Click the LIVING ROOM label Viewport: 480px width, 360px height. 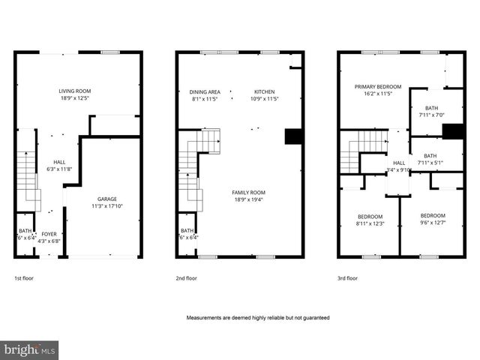pyautogui.click(x=75, y=91)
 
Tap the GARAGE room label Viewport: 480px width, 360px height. pyautogui.click(x=106, y=199)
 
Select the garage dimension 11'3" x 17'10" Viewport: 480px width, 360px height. pyautogui.click(x=106, y=206)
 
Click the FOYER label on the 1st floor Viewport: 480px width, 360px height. pyautogui.click(x=49, y=234)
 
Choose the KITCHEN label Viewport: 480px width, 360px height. pyautogui.click(x=265, y=91)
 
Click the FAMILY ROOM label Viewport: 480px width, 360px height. pyautogui.click(x=248, y=193)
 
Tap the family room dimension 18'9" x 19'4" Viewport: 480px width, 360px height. pyautogui.click(x=248, y=199)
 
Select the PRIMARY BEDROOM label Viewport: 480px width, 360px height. pyautogui.click(x=378, y=87)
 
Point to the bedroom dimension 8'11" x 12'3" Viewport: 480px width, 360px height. pyautogui.click(x=369, y=223)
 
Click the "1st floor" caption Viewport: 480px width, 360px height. pyautogui.click(x=24, y=278)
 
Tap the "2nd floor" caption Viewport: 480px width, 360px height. pyautogui.click(x=186, y=278)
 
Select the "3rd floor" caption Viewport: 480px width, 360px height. pyautogui.click(x=347, y=278)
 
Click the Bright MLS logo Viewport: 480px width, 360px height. pyautogui.click(x=30, y=350)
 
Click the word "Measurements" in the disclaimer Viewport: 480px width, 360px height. pyautogui.click(x=205, y=318)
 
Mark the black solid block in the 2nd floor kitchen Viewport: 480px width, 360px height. pyautogui.click(x=294, y=136)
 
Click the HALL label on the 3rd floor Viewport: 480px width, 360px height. pyautogui.click(x=399, y=163)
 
